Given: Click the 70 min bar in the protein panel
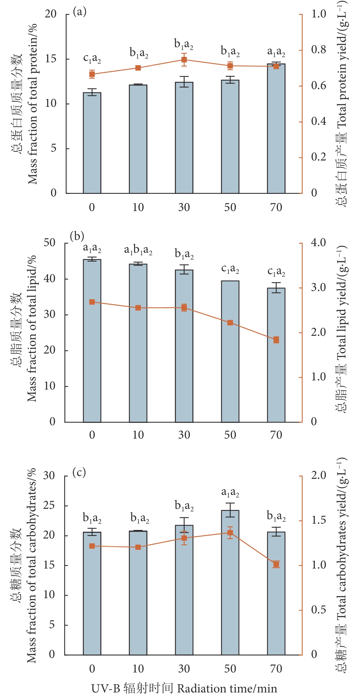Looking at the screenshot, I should pos(276,128).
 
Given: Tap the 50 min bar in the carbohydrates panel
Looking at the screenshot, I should pos(230,582).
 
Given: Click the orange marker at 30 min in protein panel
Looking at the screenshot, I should pos(184,60).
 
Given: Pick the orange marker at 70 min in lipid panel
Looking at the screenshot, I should pos(276,340).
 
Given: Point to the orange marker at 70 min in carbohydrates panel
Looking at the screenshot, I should pos(276,564).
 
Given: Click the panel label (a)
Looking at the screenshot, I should pos(79,12).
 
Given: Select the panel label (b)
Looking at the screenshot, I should pos(77,237).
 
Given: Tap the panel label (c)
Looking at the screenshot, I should pos(79,472).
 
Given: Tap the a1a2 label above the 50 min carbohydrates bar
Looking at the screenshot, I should pos(230,492).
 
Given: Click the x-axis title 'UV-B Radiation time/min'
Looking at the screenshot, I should pos(184,688).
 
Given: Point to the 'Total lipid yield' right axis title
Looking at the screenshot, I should pos(342,328).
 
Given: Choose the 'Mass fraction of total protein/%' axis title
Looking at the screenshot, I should pos(32,104).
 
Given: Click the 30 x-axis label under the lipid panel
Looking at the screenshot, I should pos(184,435).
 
